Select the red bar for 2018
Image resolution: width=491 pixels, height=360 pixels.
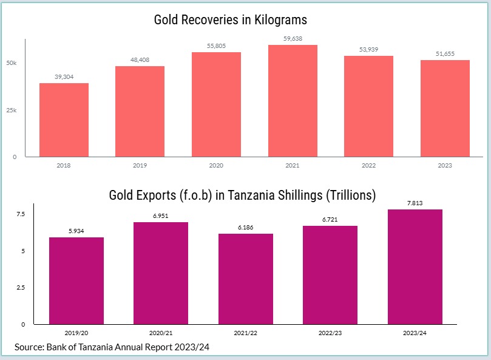point(64,120)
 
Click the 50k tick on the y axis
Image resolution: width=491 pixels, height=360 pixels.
point(12,63)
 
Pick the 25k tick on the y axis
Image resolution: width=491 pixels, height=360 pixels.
point(12,110)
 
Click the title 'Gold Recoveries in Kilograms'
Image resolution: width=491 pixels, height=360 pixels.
point(231,20)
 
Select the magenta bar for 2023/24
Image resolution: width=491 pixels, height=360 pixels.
point(415,267)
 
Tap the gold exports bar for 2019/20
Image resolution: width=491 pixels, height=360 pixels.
point(76,280)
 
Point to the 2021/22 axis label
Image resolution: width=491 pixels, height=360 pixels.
point(245,333)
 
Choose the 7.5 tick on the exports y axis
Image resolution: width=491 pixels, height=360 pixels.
point(20,214)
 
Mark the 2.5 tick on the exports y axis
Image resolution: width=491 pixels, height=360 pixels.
point(20,287)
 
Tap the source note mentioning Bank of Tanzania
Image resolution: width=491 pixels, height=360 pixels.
point(112,347)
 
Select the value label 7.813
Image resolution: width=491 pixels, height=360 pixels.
point(415,203)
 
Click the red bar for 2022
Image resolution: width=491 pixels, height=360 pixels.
point(368,106)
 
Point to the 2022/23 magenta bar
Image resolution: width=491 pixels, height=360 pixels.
point(330,274)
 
